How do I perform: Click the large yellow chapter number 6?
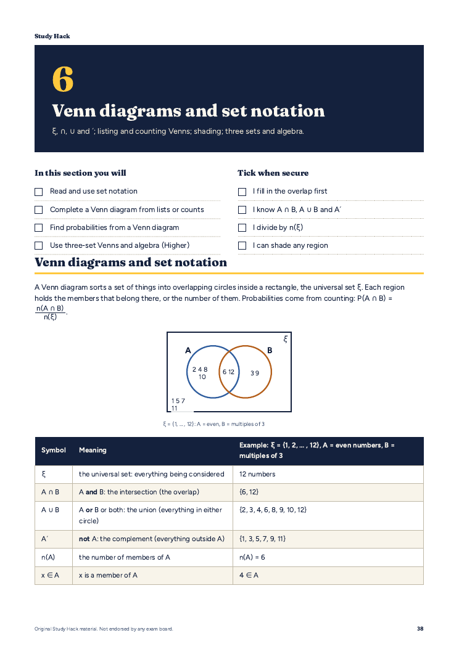tap(63, 79)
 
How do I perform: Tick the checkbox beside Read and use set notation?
tap(38, 192)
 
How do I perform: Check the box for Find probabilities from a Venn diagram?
tap(38, 227)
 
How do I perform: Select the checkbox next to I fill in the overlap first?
tap(242, 192)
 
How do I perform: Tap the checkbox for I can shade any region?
tap(242, 245)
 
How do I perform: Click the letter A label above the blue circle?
tap(188, 351)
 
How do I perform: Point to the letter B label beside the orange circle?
tap(270, 351)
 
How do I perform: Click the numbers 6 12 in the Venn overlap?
tap(228, 372)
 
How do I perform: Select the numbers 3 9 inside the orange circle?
tap(254, 373)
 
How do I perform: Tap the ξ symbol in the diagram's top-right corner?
tap(286, 339)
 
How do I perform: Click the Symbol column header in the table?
tap(54, 451)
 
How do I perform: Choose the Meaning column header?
tap(93, 451)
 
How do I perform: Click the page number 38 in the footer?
tap(420, 629)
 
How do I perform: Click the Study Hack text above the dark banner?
tap(52, 36)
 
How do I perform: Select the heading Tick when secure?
tap(273, 173)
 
